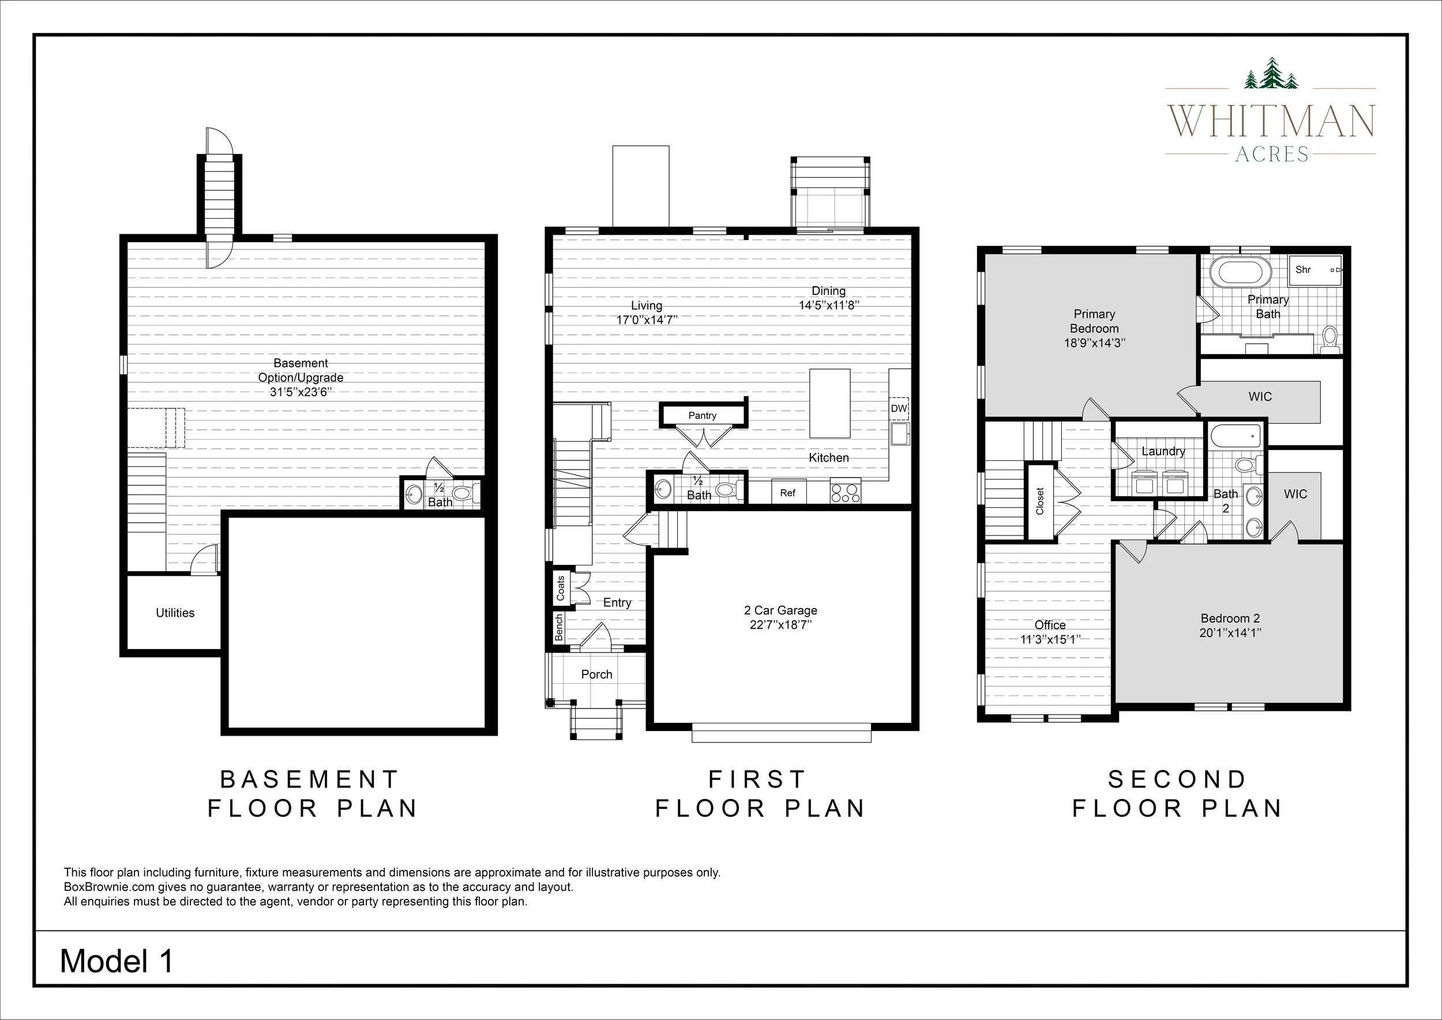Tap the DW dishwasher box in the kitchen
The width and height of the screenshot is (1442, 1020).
coord(899,408)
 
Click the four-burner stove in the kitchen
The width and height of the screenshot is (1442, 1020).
coord(846,491)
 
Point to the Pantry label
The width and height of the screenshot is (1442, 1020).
coord(702,415)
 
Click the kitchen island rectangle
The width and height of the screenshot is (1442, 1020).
coord(830,403)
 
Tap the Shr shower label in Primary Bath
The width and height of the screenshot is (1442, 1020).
coord(1303,269)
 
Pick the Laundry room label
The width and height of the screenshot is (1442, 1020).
coord(1163,451)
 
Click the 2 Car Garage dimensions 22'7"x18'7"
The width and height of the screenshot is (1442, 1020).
coord(780,625)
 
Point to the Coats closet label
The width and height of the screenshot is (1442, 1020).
coord(561,588)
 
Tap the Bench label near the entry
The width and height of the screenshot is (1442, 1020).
coord(559,628)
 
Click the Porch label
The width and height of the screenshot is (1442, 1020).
coord(596,674)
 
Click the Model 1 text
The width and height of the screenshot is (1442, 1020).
coord(117,961)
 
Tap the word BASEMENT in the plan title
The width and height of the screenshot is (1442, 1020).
coord(309,779)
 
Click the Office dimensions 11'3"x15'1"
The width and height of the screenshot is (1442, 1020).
coord(1050,639)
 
